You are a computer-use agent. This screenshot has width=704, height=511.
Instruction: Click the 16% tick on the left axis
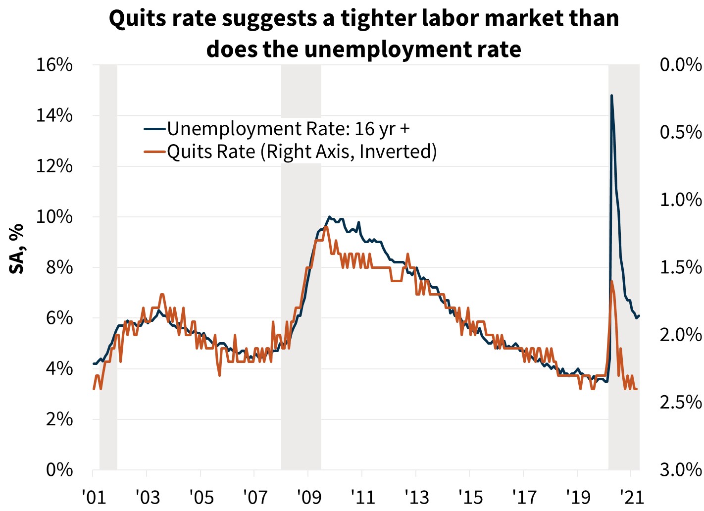click(x=54, y=65)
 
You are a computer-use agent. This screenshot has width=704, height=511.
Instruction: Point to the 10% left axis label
click(x=54, y=217)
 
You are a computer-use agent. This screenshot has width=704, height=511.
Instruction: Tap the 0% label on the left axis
click(x=60, y=469)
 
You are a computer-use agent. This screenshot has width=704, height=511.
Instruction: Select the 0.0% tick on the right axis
click(x=681, y=65)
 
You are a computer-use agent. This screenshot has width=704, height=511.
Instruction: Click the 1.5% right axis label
click(x=681, y=267)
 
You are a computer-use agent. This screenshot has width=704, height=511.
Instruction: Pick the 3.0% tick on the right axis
click(x=681, y=469)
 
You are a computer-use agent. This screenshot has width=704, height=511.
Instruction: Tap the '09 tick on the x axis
click(x=308, y=496)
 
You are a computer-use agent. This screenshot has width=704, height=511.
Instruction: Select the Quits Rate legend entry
click(x=302, y=152)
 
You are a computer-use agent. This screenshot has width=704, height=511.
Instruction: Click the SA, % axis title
click(x=17, y=249)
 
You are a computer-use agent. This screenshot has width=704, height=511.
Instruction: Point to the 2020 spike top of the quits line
click(x=612, y=281)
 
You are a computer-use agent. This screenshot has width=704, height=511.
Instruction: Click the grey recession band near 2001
click(x=108, y=267)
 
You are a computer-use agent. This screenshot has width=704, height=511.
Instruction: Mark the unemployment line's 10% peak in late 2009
click(x=329, y=217)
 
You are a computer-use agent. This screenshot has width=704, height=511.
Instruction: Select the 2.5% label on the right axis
click(x=681, y=402)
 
